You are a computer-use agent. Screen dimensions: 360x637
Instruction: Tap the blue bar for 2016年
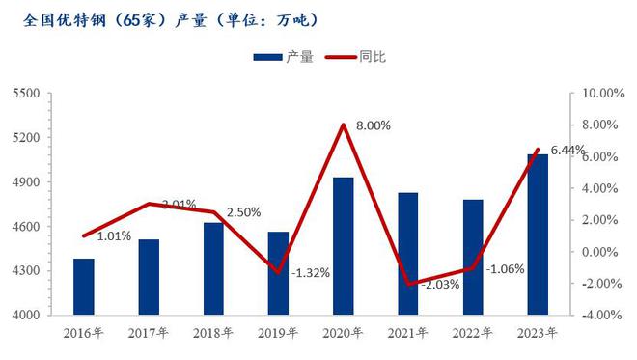coord(84,287)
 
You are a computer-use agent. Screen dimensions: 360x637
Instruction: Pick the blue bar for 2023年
coord(538,235)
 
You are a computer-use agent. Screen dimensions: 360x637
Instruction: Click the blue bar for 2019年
coord(278,273)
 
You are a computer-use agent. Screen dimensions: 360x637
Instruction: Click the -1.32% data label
coord(310,273)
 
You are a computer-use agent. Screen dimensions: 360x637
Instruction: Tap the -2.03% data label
coord(440,285)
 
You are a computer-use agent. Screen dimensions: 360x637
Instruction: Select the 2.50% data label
coord(242,212)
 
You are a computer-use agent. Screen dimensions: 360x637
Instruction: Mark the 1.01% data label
coord(115,235)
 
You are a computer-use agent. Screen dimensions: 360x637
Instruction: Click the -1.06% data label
coord(505,269)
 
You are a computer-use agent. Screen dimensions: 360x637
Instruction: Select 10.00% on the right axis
coord(598,94)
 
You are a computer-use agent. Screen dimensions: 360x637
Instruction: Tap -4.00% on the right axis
coord(598,316)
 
